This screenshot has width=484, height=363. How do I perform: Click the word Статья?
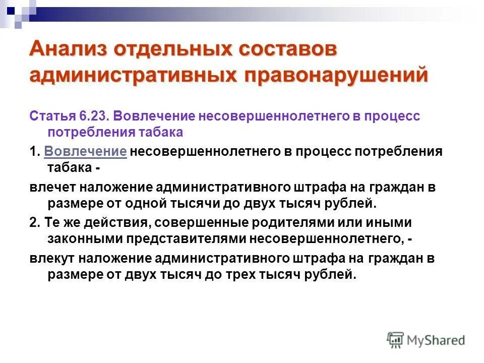coord(52,116)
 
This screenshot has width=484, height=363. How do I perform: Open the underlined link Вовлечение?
coord(85,152)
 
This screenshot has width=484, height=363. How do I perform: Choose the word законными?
coord(85,239)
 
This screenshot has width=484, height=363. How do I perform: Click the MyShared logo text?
coord(436,340)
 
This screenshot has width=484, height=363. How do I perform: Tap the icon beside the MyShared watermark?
coord(395,339)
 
